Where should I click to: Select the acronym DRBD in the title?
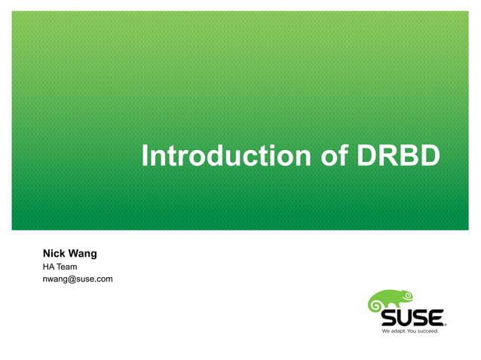pyautogui.click(x=398, y=157)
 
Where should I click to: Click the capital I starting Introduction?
pyautogui.click(x=146, y=157)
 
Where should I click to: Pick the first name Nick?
pyautogui.click(x=54, y=253)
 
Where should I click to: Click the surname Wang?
pyautogui.click(x=82, y=253)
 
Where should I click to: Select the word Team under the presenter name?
pyautogui.click(x=66, y=267)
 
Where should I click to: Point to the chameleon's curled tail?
pyautogui.click(x=375, y=305)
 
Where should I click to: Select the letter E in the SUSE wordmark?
pyautogui.click(x=435, y=317)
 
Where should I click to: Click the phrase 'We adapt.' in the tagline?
pyautogui.click(x=395, y=331)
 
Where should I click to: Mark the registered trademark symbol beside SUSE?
pyautogui.click(x=446, y=324)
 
